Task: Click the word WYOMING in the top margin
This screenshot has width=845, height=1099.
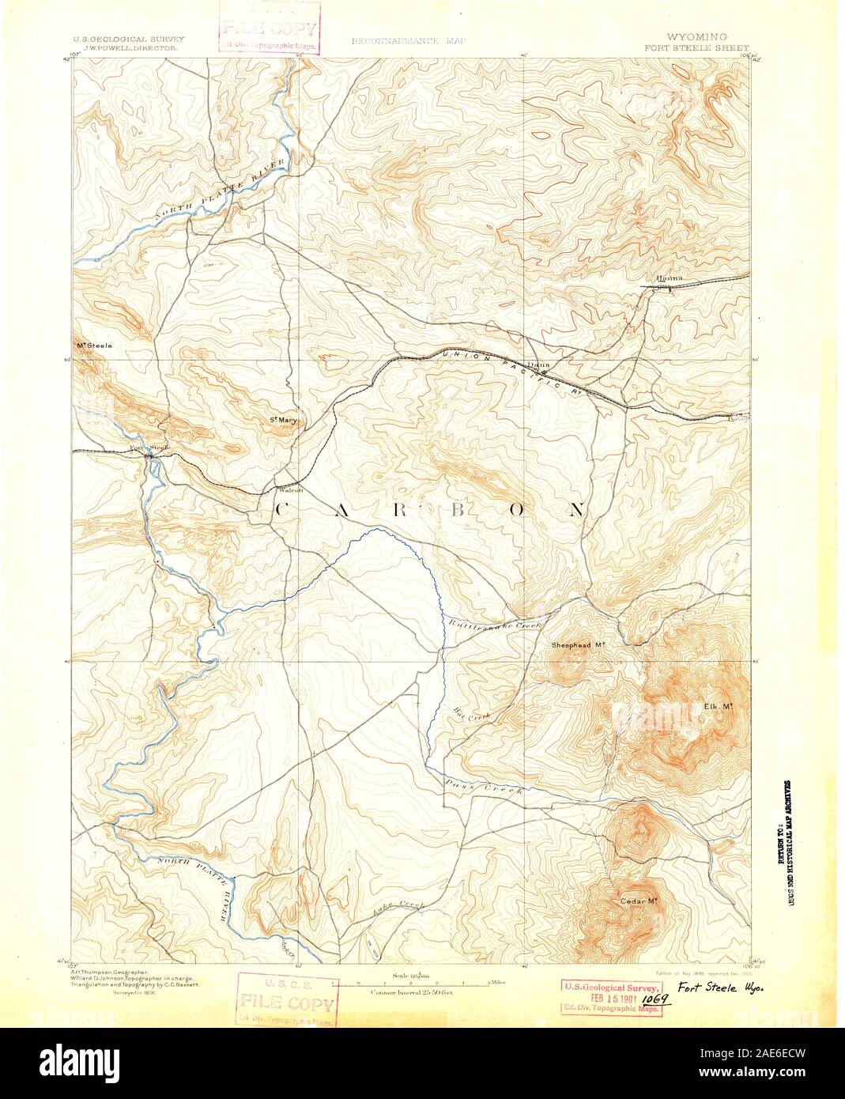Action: coord(696,37)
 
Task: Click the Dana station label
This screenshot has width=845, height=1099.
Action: coord(538,364)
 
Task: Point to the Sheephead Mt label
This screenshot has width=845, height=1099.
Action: coord(578,645)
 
